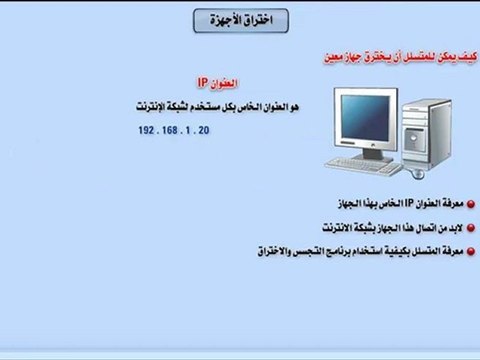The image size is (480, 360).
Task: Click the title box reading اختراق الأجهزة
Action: coord(240,20)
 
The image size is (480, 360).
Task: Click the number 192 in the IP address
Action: coord(150,131)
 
